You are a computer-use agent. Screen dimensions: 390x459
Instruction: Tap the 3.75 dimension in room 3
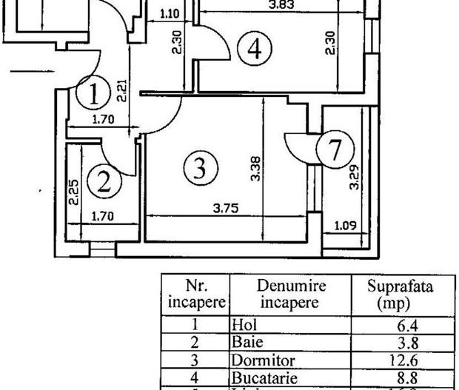(x=225, y=209)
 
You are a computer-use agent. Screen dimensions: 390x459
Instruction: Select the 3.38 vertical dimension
(x=255, y=170)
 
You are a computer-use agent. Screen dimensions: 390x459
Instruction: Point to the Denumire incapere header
(x=291, y=295)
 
